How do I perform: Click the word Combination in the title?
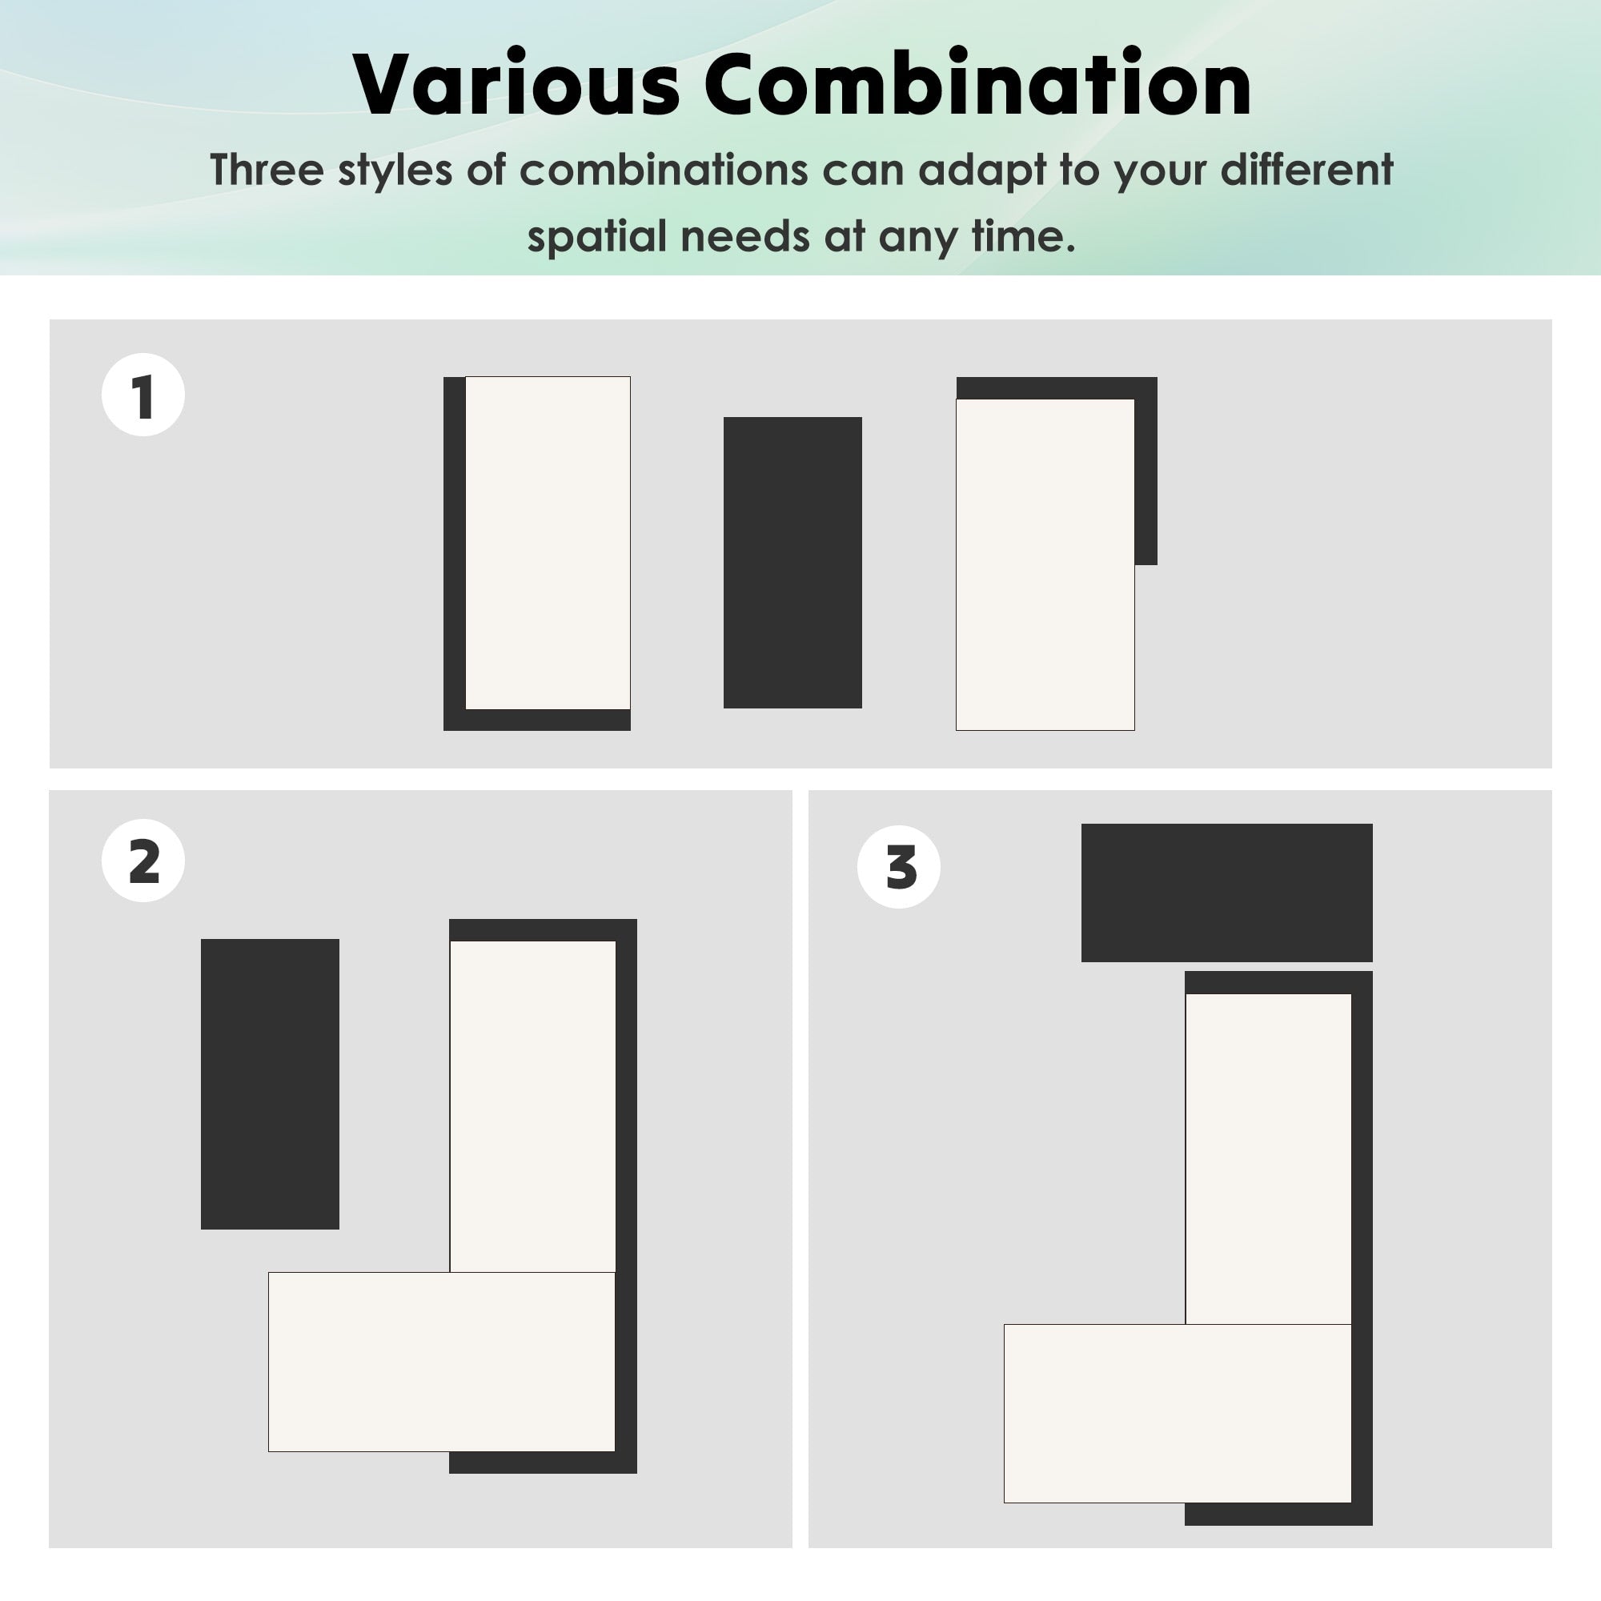(x=978, y=85)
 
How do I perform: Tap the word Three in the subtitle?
(x=266, y=170)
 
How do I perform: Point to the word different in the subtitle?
(x=1307, y=170)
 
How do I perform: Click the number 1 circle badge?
(x=143, y=395)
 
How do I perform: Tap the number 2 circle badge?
(x=143, y=861)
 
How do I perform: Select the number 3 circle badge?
(x=899, y=867)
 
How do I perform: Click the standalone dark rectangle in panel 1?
(x=792, y=563)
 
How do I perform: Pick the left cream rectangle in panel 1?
(x=548, y=543)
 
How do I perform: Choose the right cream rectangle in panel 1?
(x=1045, y=564)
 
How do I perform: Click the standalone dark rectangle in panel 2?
(x=270, y=1084)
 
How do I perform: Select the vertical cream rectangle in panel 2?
(x=533, y=1106)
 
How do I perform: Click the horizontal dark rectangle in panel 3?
(x=1226, y=893)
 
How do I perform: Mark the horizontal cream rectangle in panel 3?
(x=1178, y=1414)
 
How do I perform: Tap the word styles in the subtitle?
(x=395, y=171)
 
